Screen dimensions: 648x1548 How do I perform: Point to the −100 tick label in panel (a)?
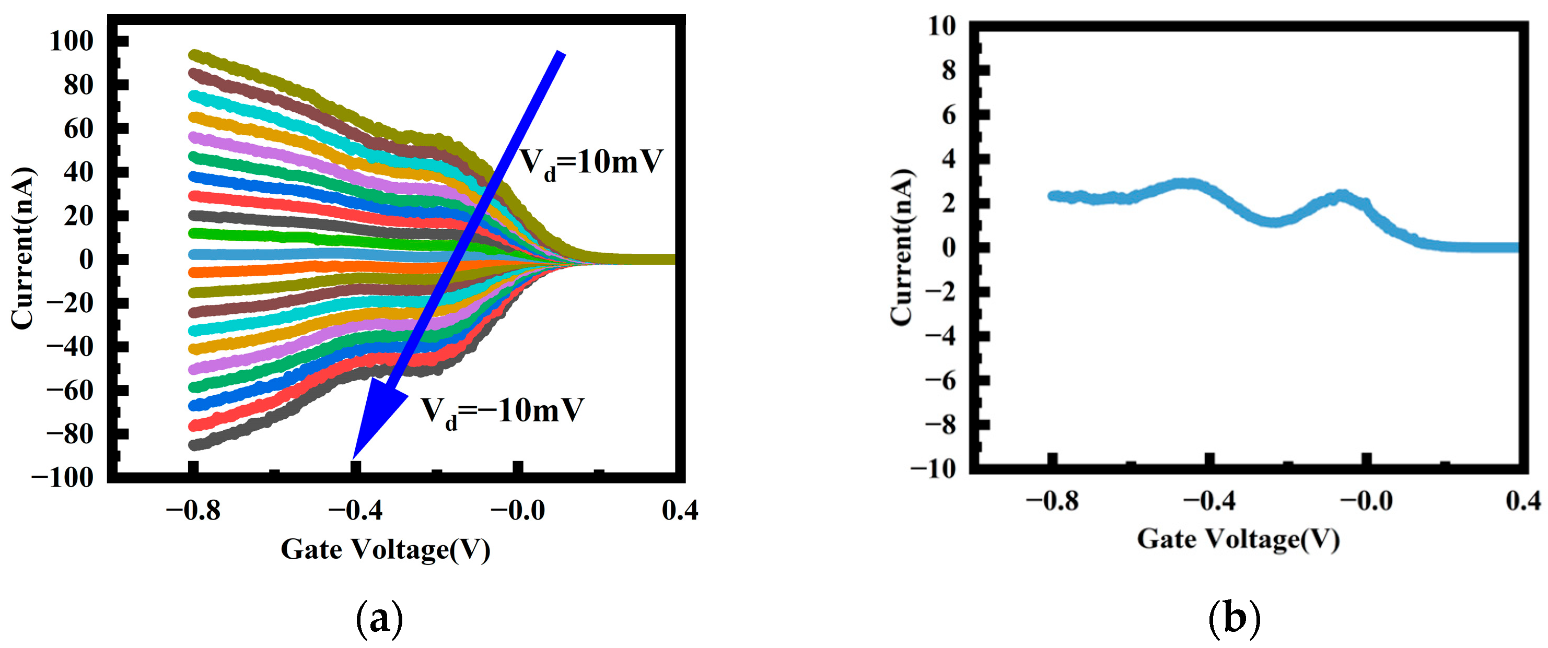coord(63,478)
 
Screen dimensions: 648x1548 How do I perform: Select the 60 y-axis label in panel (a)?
coord(79,128)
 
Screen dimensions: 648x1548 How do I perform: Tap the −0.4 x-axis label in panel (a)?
coord(355,511)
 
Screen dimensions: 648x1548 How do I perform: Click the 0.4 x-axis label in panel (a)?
coord(680,511)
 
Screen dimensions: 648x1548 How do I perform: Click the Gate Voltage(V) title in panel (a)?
coord(385,549)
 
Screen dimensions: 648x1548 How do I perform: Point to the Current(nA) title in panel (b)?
coord(901,248)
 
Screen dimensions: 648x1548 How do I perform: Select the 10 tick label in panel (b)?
coord(941,27)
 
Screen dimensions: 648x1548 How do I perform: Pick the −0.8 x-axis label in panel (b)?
coord(1052,500)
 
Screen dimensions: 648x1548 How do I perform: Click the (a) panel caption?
coord(380,619)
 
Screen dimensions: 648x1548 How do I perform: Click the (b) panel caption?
coord(1233,619)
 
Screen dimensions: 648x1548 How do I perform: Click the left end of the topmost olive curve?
coord(195,55)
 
